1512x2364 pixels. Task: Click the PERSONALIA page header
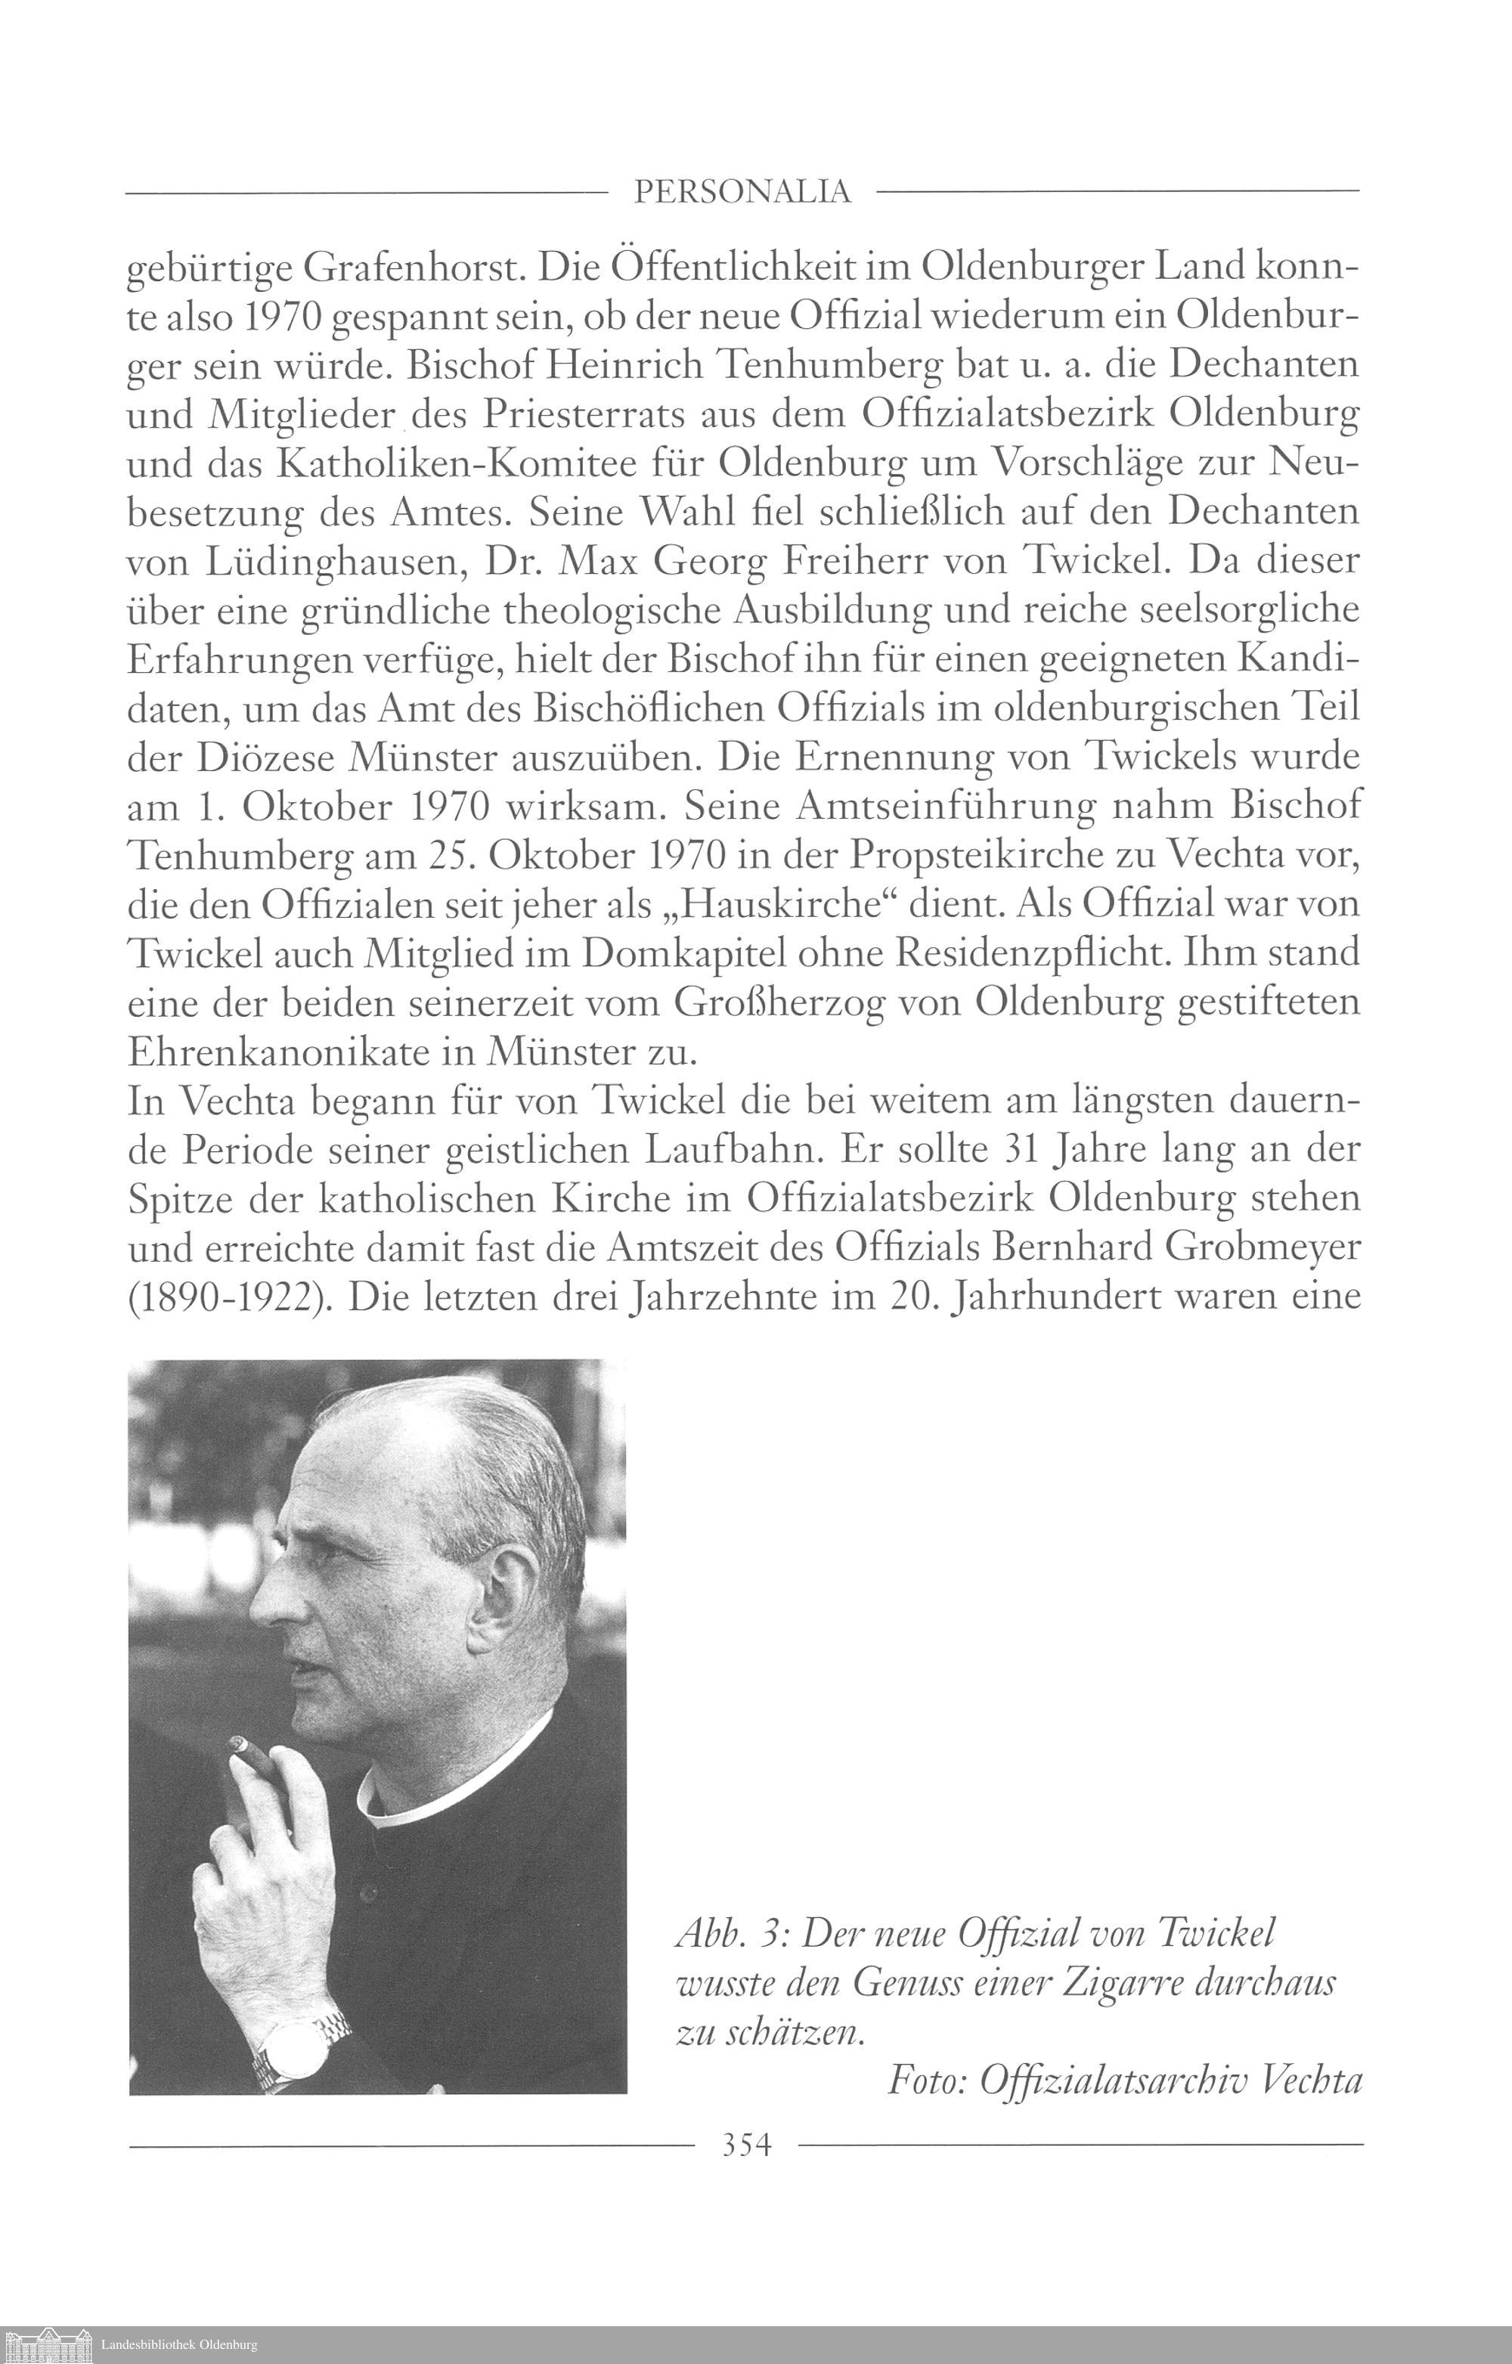pos(742,191)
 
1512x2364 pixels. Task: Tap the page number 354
pos(746,2145)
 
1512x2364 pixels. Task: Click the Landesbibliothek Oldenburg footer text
pos(178,2345)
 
